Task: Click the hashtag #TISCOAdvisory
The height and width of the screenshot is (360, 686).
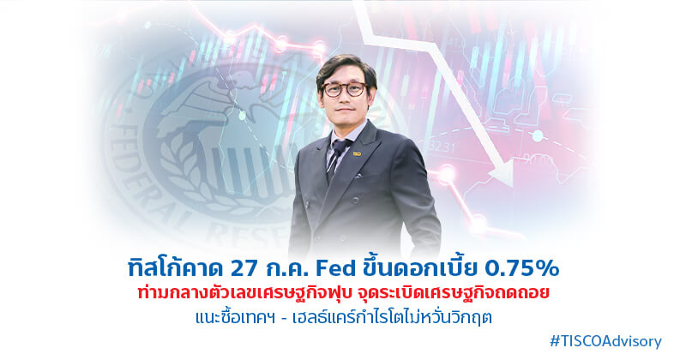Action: tap(605, 341)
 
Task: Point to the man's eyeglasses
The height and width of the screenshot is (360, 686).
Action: tap(344, 89)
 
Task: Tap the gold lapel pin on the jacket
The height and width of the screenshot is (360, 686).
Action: tap(357, 153)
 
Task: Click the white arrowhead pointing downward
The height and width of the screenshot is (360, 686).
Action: tap(502, 173)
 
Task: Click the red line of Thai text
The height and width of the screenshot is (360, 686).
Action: tap(343, 293)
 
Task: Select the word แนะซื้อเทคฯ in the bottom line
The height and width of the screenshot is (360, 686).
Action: tap(235, 317)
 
